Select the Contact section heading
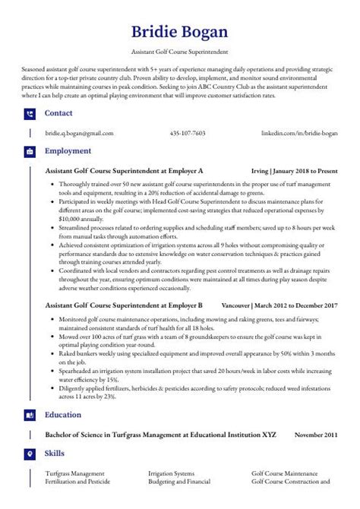pos(58,113)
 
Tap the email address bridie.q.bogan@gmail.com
pos(79,133)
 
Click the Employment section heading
pos(68,151)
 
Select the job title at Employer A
pos(124,171)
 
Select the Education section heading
pos(63,416)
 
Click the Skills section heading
pos(55,453)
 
